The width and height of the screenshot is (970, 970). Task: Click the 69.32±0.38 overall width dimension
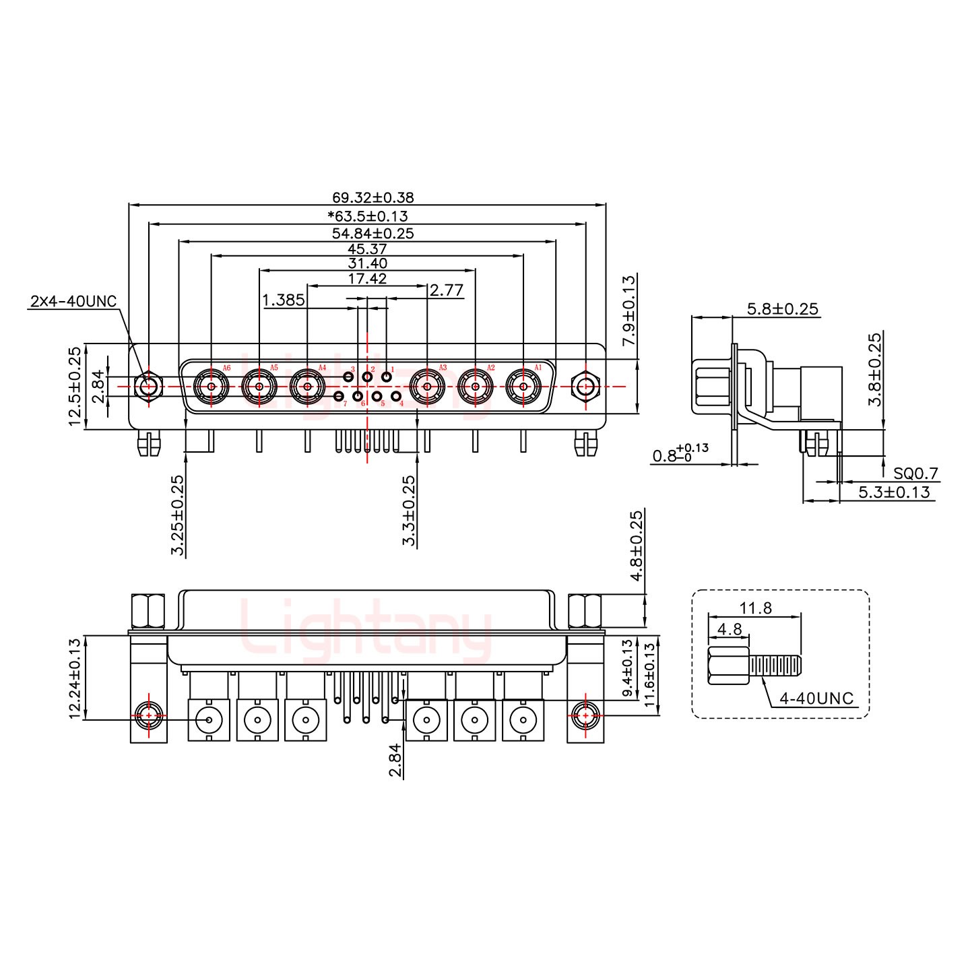(x=373, y=197)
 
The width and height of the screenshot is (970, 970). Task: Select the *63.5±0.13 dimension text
(x=367, y=216)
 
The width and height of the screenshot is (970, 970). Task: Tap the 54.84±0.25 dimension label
(x=373, y=233)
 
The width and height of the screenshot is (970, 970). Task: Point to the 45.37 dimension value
(x=367, y=249)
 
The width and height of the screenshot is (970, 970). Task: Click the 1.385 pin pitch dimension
(x=283, y=300)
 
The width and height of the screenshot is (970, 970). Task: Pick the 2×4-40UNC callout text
(x=73, y=300)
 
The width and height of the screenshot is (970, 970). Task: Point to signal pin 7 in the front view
(x=339, y=396)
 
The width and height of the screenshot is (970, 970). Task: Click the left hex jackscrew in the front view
(x=148, y=387)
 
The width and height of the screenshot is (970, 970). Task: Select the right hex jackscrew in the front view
(x=585, y=387)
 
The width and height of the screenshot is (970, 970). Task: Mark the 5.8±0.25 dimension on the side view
(x=782, y=309)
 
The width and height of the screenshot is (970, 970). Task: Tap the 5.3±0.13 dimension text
(x=893, y=492)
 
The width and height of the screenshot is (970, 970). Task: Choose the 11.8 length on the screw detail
(x=755, y=608)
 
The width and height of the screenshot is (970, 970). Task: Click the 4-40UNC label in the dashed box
(x=816, y=699)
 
